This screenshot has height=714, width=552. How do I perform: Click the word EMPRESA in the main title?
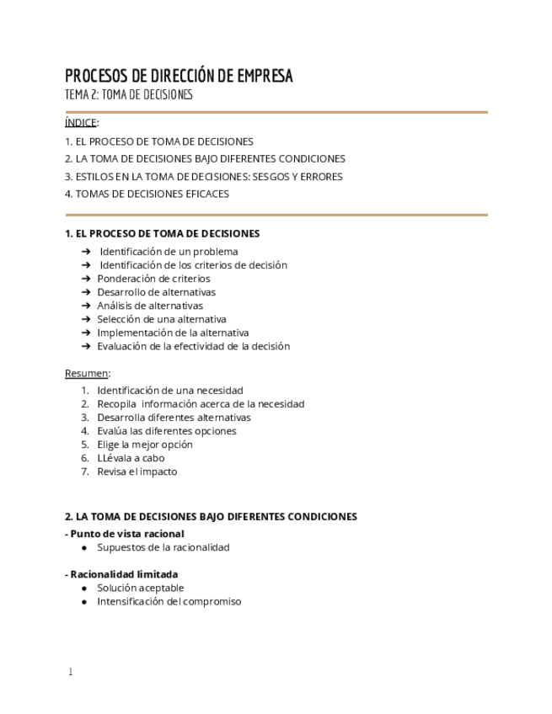point(265,76)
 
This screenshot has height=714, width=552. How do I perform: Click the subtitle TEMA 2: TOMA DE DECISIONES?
point(129,94)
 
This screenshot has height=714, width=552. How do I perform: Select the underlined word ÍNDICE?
point(81,123)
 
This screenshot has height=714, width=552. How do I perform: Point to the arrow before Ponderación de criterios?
point(86,279)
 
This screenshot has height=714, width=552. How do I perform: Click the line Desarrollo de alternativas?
point(156,292)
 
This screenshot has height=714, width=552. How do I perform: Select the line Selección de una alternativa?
point(161,319)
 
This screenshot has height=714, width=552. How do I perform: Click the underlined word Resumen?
point(87,373)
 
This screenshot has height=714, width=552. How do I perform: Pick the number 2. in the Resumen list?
point(85,404)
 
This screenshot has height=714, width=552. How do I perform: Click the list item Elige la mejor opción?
point(144,445)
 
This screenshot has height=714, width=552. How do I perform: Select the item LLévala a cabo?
point(131,458)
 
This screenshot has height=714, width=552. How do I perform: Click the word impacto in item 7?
point(158,472)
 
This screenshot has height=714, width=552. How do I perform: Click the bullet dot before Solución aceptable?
point(85,589)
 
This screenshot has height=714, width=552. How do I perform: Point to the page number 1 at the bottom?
point(71,672)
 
